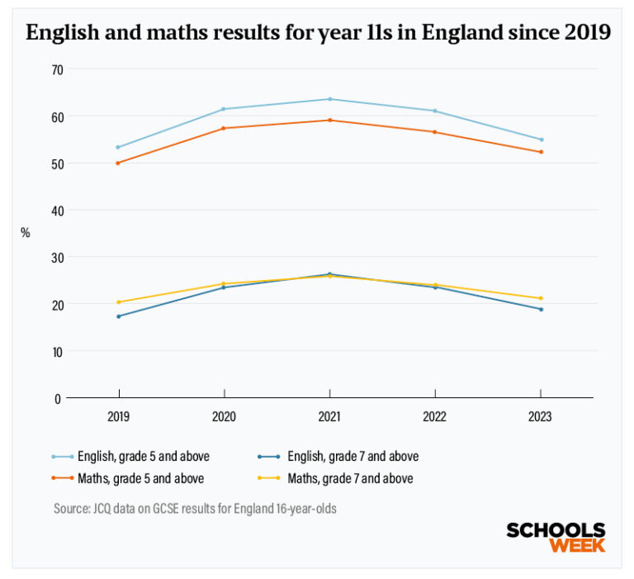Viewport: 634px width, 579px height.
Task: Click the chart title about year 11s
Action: tap(318, 33)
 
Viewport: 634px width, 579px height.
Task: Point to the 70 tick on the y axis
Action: tap(56, 69)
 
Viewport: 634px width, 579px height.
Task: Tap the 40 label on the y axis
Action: tap(56, 211)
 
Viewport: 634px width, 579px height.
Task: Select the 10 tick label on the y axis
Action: tap(56, 351)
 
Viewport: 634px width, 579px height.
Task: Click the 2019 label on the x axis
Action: tap(119, 418)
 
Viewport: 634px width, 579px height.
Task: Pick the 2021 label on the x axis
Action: tap(329, 418)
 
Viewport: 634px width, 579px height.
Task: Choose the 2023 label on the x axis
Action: tap(540, 418)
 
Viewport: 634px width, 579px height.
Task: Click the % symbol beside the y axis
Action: tap(26, 233)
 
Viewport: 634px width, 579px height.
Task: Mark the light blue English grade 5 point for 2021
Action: tap(330, 99)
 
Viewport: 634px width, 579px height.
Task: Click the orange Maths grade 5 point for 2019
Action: tap(118, 163)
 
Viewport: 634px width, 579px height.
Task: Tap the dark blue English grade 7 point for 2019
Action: tap(118, 316)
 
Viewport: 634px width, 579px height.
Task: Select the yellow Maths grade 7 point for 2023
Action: tap(541, 298)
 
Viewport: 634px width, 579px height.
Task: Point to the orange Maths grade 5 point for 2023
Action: tap(541, 152)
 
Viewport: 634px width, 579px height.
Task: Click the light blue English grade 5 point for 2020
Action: tap(224, 109)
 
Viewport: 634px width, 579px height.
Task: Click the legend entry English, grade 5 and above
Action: tap(135, 456)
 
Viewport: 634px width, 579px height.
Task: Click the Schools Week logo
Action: tap(555, 537)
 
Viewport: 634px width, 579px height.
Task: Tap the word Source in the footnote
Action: tap(71, 509)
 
